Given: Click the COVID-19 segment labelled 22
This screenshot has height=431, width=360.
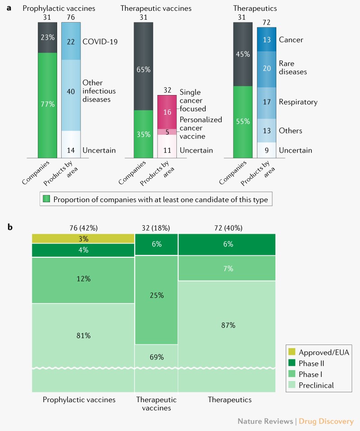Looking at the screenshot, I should [x=71, y=41].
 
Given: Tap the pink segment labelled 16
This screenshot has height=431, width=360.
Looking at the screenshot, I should [x=167, y=112].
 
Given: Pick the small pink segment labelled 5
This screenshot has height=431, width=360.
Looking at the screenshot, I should [x=167, y=132].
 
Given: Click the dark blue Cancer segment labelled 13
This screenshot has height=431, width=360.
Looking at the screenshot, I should [x=266, y=40].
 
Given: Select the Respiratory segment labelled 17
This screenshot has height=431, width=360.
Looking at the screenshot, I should [x=266, y=102].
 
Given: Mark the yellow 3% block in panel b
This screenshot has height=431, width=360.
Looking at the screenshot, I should [x=83, y=239].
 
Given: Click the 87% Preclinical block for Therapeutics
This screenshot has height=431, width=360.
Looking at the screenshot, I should [x=226, y=325].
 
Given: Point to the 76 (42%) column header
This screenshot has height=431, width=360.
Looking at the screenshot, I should [x=83, y=227].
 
